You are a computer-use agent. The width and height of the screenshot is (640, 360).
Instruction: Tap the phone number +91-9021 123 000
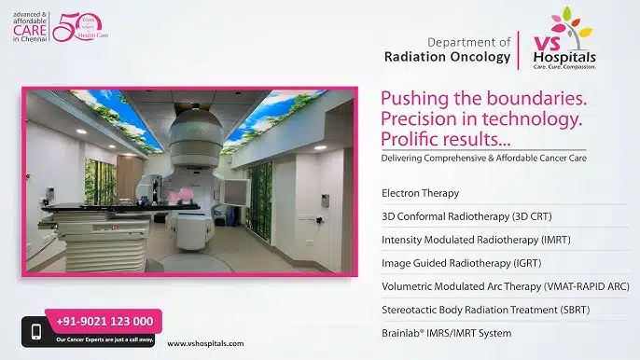104,321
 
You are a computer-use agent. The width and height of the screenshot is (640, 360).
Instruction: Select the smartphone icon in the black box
36,331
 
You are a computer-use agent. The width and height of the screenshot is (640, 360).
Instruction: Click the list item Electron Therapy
421,193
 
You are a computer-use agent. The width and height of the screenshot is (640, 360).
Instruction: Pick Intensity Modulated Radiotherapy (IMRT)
464,239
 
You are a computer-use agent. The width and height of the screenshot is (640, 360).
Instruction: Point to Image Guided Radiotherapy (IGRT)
451,262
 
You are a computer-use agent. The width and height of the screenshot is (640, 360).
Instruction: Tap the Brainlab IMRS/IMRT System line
447,332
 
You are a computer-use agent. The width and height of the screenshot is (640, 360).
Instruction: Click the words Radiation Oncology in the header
447,56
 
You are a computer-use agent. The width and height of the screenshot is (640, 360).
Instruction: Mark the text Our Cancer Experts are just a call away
104,337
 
